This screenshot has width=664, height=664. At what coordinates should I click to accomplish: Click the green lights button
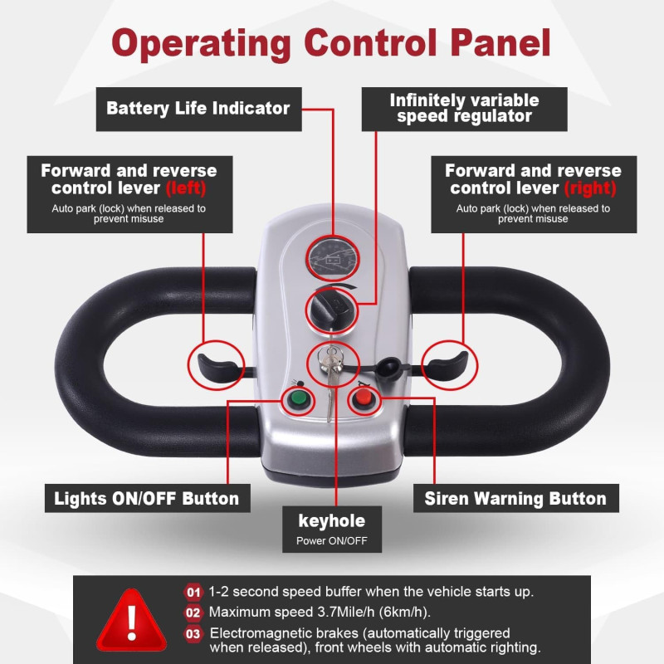click(x=297, y=402)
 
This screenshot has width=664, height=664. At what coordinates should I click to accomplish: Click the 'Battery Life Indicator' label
click(x=198, y=108)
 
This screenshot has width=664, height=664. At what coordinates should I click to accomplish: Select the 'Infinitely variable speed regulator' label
click(x=464, y=109)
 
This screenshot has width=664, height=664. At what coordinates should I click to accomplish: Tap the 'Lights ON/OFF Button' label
click(x=146, y=499)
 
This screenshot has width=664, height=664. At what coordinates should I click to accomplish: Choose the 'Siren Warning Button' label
click(x=515, y=499)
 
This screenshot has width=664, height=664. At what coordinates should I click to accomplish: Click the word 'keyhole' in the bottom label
click(x=331, y=521)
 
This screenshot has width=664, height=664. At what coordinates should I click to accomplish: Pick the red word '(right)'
click(x=589, y=188)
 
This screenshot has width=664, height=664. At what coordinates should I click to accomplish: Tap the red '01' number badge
click(x=193, y=592)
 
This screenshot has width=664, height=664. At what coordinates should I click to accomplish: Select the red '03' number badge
click(x=193, y=633)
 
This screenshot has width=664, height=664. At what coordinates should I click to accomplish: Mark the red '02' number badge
click(x=193, y=613)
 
